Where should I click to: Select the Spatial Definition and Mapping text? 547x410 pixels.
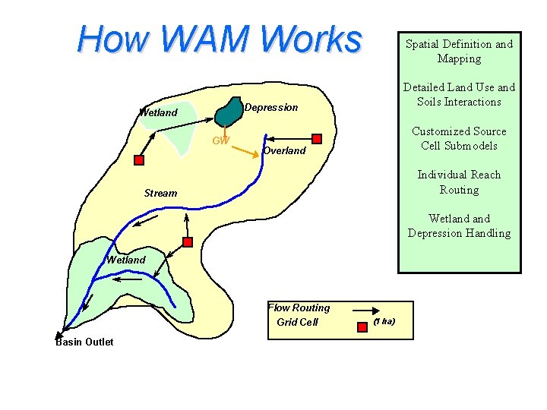tap(459, 51)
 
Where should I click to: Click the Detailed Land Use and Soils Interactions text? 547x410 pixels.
tap(459, 94)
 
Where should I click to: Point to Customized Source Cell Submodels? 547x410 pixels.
tap(459, 138)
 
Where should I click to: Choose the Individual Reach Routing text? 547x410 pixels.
tap(459, 181)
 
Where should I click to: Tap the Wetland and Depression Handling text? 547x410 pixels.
tap(459, 225)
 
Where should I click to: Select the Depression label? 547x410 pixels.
tap(271, 108)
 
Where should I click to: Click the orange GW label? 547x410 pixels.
tap(220, 140)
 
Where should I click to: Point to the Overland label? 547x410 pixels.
tap(283, 150)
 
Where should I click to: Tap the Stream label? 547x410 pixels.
tap(160, 193)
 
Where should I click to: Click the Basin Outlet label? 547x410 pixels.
tap(84, 342)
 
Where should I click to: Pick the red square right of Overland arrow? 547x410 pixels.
tap(317, 138)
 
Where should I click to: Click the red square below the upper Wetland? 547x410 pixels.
tap(139, 160)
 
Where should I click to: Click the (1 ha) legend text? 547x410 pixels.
tap(384, 322)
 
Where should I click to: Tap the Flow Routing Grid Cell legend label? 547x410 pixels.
tap(299, 315)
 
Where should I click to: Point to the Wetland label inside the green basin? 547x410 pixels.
tap(126, 260)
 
